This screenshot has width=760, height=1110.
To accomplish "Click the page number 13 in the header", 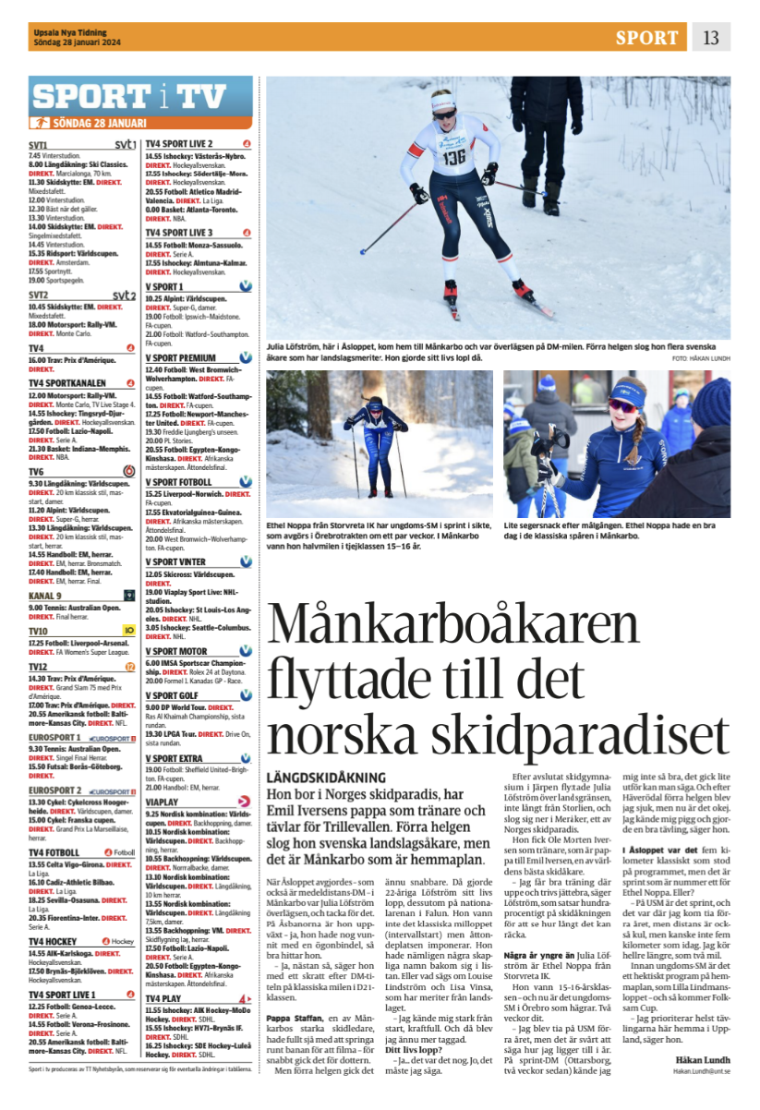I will coord(710,37).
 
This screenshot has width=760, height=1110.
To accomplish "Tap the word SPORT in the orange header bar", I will coord(646,37).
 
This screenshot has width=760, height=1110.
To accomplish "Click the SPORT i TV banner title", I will coord(128,97).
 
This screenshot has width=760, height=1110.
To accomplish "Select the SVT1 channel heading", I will coord(39,145).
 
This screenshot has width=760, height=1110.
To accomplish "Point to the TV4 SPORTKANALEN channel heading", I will coord(67,382).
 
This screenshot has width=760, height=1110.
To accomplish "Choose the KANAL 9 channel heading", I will coord(46,596).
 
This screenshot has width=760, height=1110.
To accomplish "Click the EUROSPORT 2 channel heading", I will coord(55,791).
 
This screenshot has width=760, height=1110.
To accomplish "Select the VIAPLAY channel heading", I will coord(163,802).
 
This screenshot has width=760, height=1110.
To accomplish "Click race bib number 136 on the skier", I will coord(453,157).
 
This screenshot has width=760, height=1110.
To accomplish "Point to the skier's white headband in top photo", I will coord(444,100).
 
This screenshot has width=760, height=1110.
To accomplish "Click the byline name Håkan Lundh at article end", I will coord(703,1060).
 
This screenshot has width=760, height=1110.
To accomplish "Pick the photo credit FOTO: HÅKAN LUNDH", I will coord(700,357).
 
